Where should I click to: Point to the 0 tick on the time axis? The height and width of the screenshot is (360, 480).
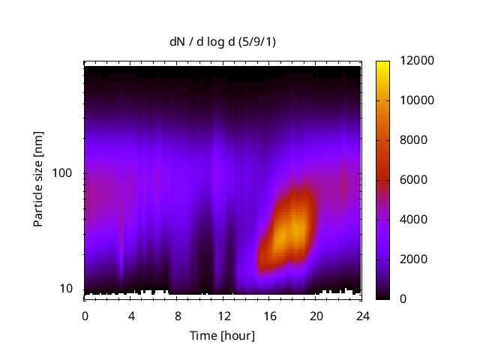point(85,315)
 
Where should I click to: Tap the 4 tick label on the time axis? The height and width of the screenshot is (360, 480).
point(131,315)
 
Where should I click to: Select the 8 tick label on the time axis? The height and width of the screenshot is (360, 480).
point(177,315)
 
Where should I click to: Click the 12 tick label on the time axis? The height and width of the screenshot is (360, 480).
point(223,315)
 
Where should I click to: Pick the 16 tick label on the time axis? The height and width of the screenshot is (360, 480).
point(269,315)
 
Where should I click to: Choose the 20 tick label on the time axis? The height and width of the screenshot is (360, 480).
point(315,315)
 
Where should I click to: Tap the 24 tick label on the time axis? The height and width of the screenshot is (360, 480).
point(361,315)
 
